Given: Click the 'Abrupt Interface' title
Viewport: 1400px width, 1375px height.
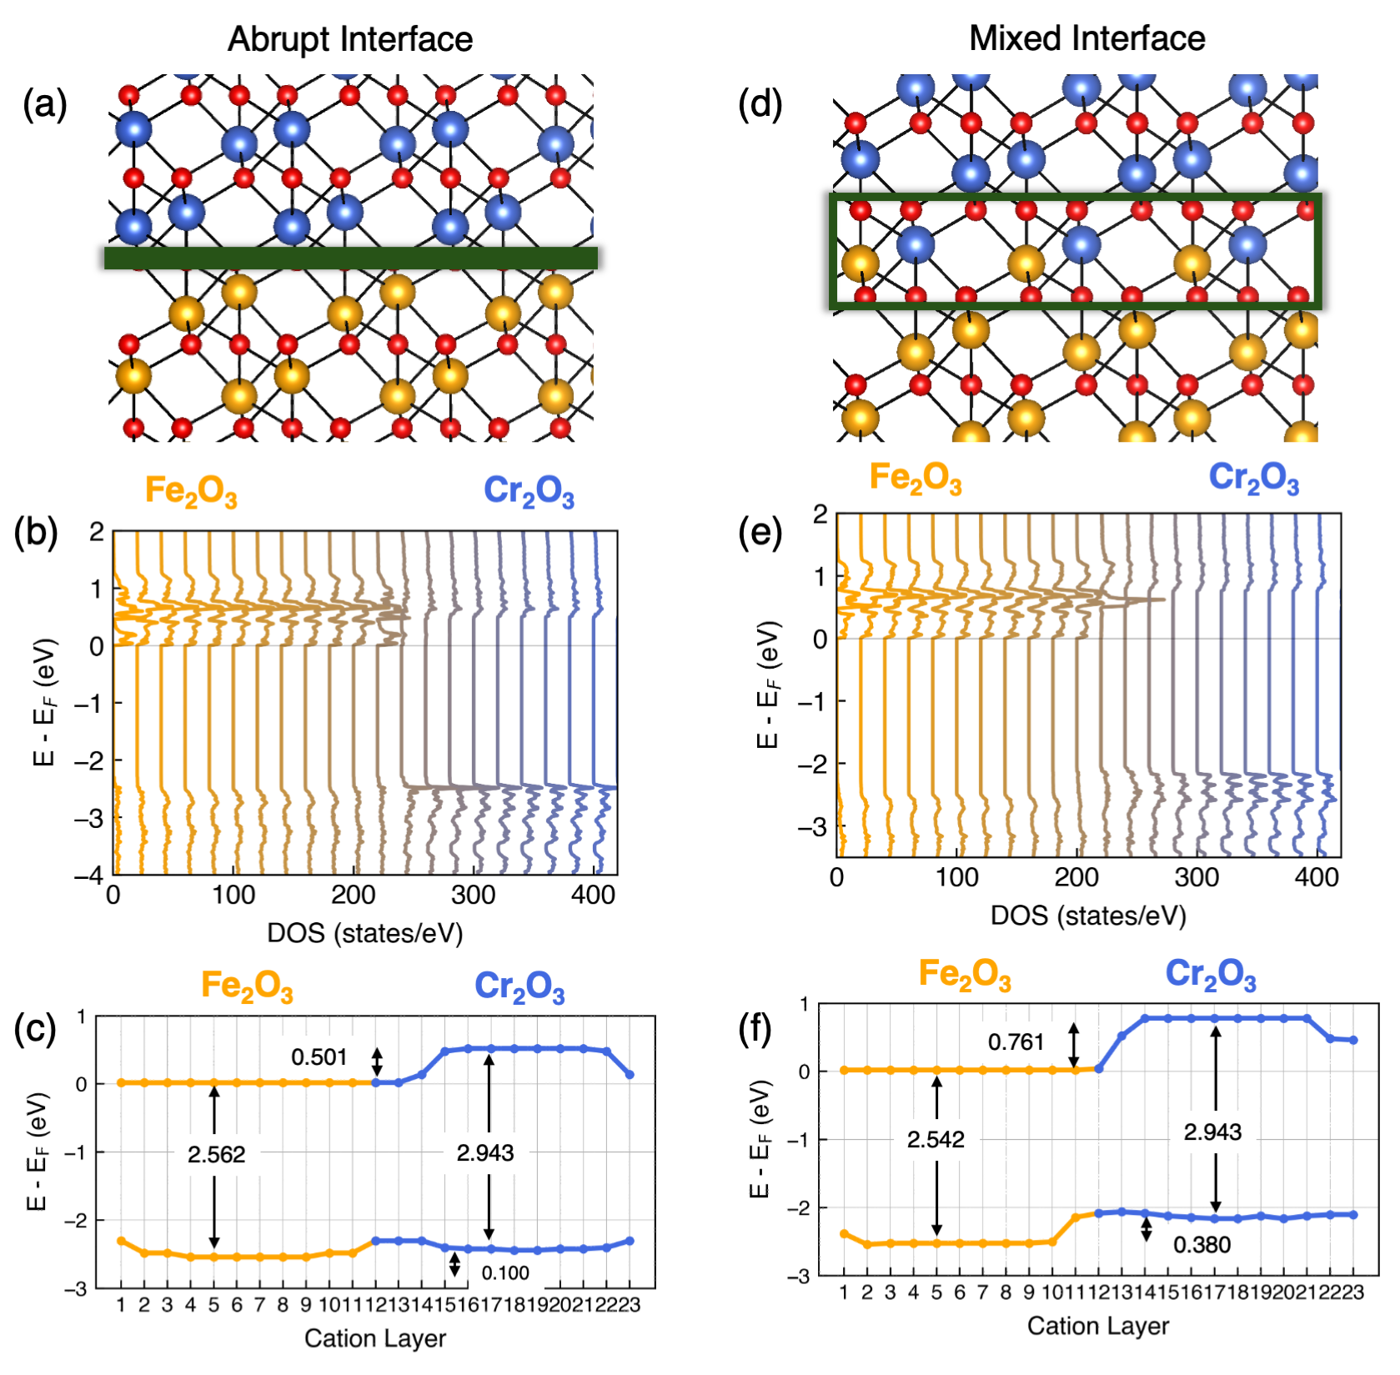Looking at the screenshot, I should [350, 39].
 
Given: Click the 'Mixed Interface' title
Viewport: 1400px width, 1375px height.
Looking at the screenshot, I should [1086, 38].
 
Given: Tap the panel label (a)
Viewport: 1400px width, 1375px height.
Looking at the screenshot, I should [45, 104].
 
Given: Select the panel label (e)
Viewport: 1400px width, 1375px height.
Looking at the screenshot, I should [760, 531].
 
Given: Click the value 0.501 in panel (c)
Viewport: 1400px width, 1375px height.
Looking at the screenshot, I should [319, 1057].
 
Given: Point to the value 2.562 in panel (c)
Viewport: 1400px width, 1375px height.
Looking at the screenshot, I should [216, 1154].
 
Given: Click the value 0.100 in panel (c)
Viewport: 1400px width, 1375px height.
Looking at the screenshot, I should [505, 1273].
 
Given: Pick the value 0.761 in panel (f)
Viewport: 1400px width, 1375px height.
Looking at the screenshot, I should [1016, 1042].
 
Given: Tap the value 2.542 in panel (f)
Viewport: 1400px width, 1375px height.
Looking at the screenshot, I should [936, 1139].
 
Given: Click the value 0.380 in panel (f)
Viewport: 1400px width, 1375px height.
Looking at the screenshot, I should [1202, 1245].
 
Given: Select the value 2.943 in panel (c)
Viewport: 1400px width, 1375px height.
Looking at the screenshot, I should [485, 1152].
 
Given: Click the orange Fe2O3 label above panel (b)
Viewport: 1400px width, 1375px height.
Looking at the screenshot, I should [191, 491].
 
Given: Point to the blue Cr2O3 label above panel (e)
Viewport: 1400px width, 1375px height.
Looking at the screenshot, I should [1253, 478].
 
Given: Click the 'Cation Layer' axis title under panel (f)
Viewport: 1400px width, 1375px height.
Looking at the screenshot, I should [1097, 1326].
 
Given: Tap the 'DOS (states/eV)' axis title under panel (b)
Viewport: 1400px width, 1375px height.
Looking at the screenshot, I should [364, 933].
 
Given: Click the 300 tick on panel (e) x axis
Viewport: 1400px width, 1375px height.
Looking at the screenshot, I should [1197, 877].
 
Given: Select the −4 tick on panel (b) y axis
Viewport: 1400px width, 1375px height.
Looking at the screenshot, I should [88, 876].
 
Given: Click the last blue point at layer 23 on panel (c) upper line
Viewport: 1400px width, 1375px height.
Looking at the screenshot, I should [630, 1075].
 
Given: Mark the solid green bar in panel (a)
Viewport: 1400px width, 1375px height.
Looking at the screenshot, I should [350, 258].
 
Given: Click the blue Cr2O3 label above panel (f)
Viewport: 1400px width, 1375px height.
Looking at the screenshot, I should [1210, 974].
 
